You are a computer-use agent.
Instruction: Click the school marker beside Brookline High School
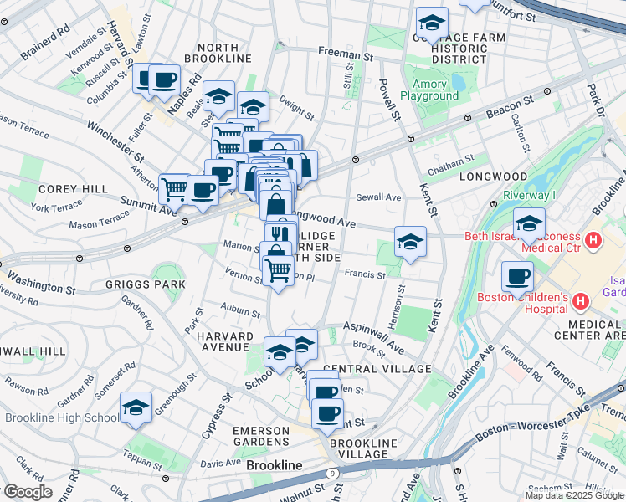tap(136, 407)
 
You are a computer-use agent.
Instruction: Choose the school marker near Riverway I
tap(529, 223)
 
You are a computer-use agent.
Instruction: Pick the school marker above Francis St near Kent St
tap(409, 242)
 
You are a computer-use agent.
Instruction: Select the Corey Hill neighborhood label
tap(73, 190)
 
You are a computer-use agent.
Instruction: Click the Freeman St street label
tap(345, 54)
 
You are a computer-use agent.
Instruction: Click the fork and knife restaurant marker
tap(281, 234)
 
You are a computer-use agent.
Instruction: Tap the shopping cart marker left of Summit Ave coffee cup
tap(174, 188)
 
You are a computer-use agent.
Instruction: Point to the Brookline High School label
tap(62, 418)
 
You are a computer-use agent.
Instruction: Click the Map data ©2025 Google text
tap(574, 495)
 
